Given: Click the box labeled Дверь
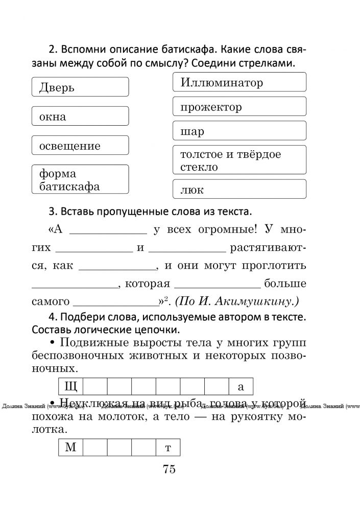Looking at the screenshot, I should pos(80,87).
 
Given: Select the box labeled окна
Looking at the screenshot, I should pos(80,116).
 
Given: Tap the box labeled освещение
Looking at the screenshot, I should pos(80,146).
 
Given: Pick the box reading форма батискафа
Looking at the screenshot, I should pos(80,179).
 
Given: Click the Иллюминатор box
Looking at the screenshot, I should pos(239,82).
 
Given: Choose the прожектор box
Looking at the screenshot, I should pos(239,106).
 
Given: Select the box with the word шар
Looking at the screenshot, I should pos(239,131).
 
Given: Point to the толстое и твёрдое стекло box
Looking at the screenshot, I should pos(239,160).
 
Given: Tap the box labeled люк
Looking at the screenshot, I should pos(239,189).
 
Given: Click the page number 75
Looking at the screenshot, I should pos(169,469).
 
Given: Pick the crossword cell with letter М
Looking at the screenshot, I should pos(70,448).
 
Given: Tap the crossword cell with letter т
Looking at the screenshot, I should pos(168,448).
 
